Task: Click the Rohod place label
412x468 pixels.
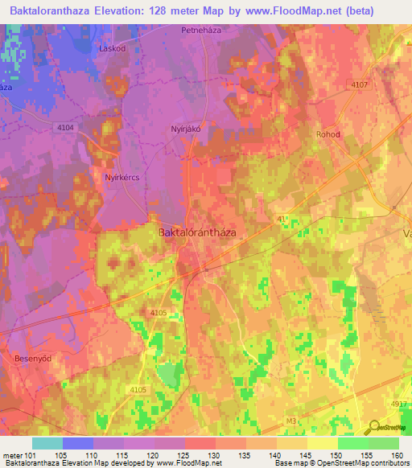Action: click(x=329, y=134)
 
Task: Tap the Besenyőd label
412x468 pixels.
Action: click(x=34, y=357)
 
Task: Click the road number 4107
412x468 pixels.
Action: click(x=359, y=85)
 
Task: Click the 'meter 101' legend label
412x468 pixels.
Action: click(x=19, y=454)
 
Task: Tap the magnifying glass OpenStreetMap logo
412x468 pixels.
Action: click(x=376, y=426)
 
